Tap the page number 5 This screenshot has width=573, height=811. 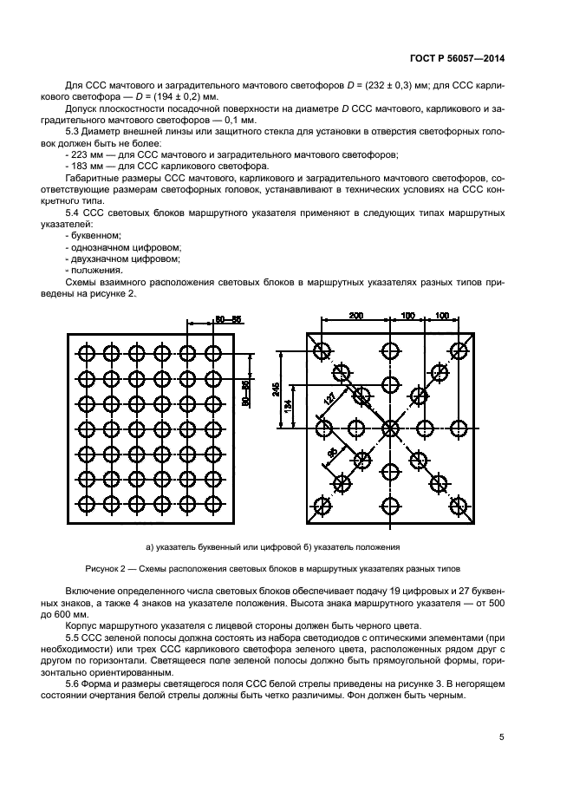tap(502, 737)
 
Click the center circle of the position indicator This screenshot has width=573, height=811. tap(390, 427)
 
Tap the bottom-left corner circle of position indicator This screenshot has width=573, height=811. tap(322, 504)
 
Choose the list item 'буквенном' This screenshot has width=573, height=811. tap(95, 235)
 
